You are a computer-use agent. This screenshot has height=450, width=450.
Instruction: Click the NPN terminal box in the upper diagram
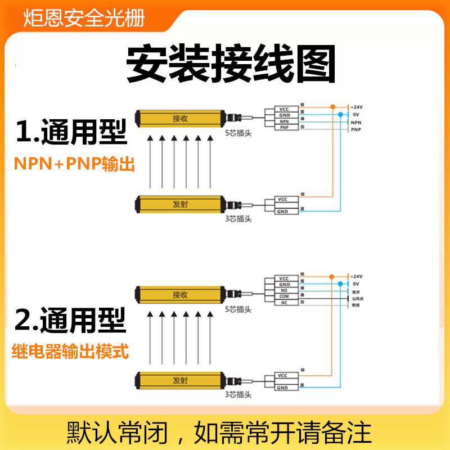284,121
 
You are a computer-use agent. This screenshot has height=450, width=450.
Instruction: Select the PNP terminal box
284,128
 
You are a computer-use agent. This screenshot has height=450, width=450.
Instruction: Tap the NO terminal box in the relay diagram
284,290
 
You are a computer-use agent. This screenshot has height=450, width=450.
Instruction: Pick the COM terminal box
284,296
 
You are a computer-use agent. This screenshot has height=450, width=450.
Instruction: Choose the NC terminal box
284,303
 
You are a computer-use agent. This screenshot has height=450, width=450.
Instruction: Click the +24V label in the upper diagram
357,106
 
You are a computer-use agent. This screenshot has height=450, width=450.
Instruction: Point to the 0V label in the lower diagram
355,284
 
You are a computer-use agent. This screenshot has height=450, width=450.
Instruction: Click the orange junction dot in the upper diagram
332,106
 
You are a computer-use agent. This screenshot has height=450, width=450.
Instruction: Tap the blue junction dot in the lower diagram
340,284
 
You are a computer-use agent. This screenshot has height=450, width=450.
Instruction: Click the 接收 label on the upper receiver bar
181,118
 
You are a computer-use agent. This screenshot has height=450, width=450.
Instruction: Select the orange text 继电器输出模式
70,352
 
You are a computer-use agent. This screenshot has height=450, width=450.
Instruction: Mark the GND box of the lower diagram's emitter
282,388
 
